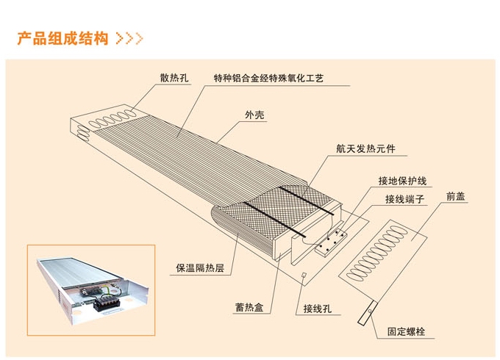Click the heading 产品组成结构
(x=63, y=38)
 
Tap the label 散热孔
(x=174, y=78)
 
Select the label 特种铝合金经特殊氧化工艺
(x=268, y=78)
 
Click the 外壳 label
(x=254, y=115)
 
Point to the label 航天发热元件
(x=365, y=148)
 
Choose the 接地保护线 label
(x=402, y=181)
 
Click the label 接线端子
(x=404, y=199)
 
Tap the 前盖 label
(x=455, y=196)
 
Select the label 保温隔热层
(x=200, y=267)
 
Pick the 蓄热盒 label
(x=249, y=307)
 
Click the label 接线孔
(x=318, y=309)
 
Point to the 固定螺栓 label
(x=406, y=331)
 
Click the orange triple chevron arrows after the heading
(x=129, y=38)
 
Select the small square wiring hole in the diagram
(x=304, y=274)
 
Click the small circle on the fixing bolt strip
(x=370, y=311)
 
